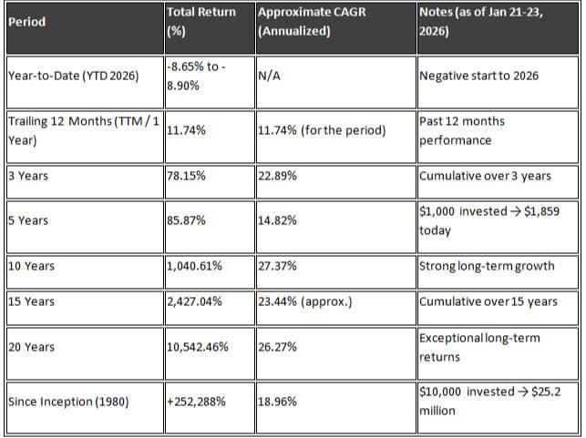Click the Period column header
(27, 22)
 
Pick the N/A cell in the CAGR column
(269, 76)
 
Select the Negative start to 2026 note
(478, 76)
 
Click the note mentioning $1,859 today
(482, 220)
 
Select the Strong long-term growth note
(487, 267)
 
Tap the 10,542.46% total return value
(198, 347)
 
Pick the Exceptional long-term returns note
(479, 347)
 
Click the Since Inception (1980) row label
(67, 401)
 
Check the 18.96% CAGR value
(280, 401)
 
